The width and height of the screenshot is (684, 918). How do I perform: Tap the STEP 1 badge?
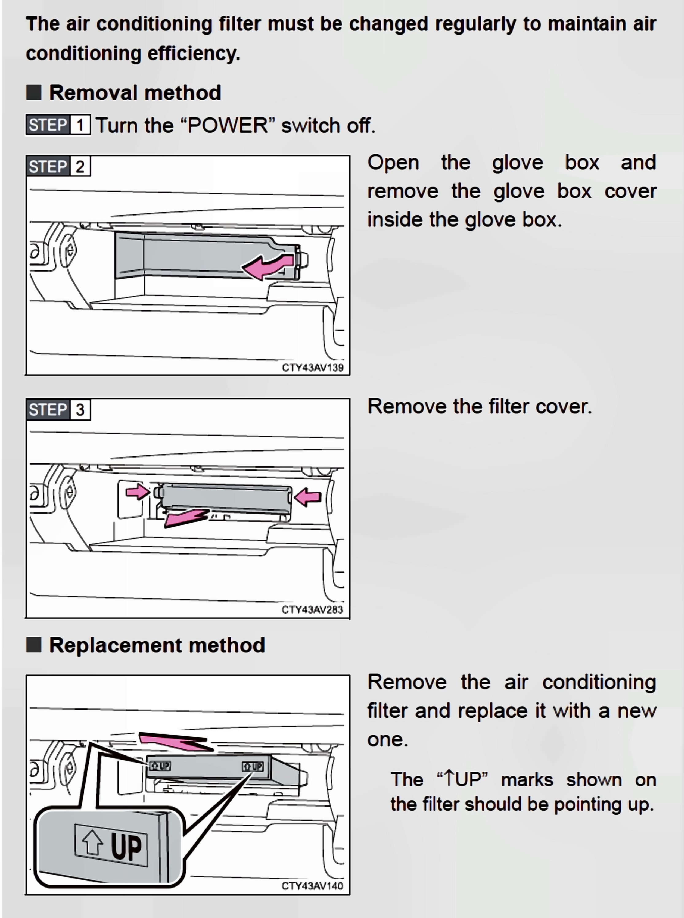(58, 125)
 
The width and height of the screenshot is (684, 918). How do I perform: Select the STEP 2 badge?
(58, 167)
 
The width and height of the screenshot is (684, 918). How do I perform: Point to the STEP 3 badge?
(58, 410)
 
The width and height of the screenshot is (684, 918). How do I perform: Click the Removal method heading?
(135, 92)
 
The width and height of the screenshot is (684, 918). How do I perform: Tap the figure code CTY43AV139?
(312, 368)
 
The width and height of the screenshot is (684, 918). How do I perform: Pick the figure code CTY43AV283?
(312, 610)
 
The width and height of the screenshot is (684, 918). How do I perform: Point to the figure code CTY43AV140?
(312, 886)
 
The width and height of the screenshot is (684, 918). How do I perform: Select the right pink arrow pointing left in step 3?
(309, 496)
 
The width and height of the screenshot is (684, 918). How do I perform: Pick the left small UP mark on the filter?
(160, 766)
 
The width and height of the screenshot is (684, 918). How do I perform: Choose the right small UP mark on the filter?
(252, 766)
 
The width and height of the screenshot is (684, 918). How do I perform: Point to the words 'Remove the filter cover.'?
(479, 406)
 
